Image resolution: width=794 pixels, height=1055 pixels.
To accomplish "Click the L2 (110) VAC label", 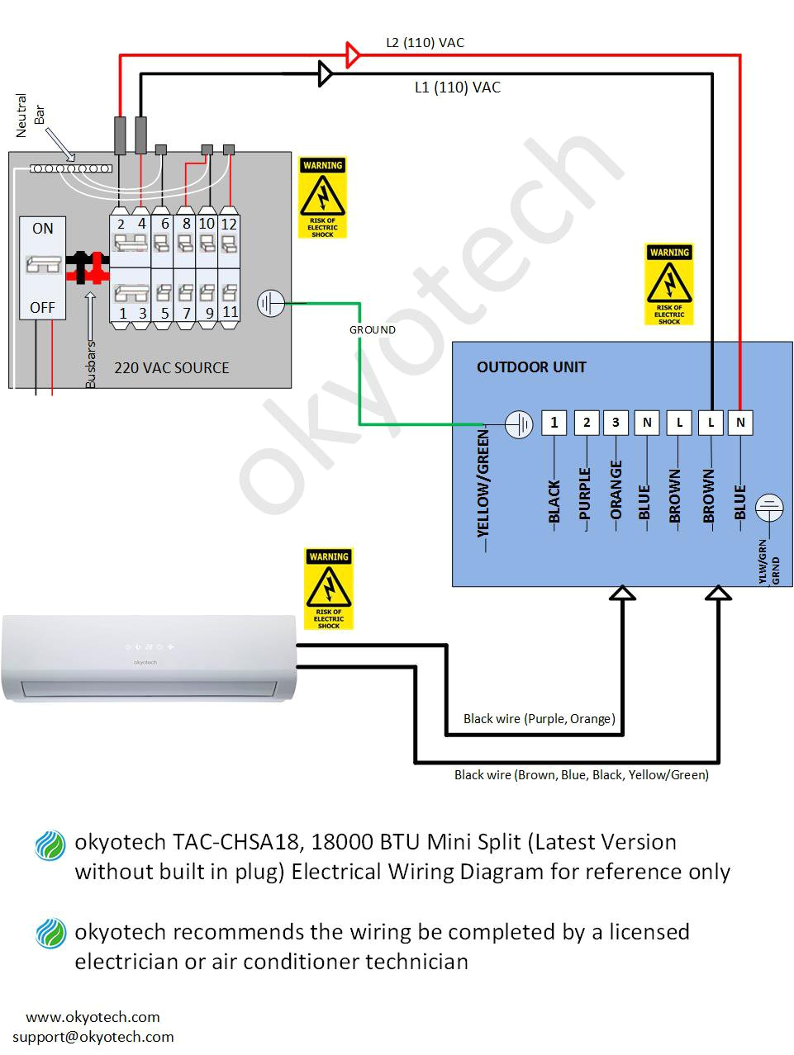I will [x=425, y=43].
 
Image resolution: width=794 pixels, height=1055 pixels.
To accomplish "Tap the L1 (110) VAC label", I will [x=457, y=88].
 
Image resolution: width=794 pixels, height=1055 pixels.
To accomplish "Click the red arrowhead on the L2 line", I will [x=353, y=55].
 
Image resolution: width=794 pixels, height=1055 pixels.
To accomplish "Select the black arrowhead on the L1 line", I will [x=326, y=74].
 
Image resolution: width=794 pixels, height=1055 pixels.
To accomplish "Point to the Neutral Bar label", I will [x=30, y=115].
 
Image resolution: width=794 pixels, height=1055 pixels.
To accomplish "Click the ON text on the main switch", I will [x=42, y=229].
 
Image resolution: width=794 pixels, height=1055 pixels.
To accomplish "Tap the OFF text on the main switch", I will [x=42, y=308].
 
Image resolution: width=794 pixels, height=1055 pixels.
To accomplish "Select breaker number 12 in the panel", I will [x=229, y=224].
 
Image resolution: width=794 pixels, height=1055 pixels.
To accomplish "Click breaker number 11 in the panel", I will [x=229, y=312].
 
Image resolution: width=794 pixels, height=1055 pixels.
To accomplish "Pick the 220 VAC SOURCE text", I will [x=171, y=368].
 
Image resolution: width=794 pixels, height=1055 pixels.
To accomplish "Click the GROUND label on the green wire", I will [x=372, y=329].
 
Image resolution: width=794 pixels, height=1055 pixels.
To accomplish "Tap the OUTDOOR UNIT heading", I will [x=530, y=367].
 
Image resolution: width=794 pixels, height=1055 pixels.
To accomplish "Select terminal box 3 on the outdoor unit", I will [x=616, y=423].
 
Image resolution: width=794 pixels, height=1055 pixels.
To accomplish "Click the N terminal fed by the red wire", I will [x=740, y=423].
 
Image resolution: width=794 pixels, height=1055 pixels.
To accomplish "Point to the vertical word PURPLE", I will [x=585, y=494].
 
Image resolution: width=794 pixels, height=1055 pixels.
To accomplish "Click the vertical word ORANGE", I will [x=616, y=490].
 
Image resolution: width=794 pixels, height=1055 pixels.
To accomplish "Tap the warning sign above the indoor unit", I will [x=329, y=589].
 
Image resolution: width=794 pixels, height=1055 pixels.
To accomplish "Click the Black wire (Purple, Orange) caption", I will [x=539, y=719].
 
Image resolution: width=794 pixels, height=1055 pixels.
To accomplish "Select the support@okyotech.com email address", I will [x=93, y=1037].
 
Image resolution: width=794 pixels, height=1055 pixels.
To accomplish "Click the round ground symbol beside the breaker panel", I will [x=271, y=304].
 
